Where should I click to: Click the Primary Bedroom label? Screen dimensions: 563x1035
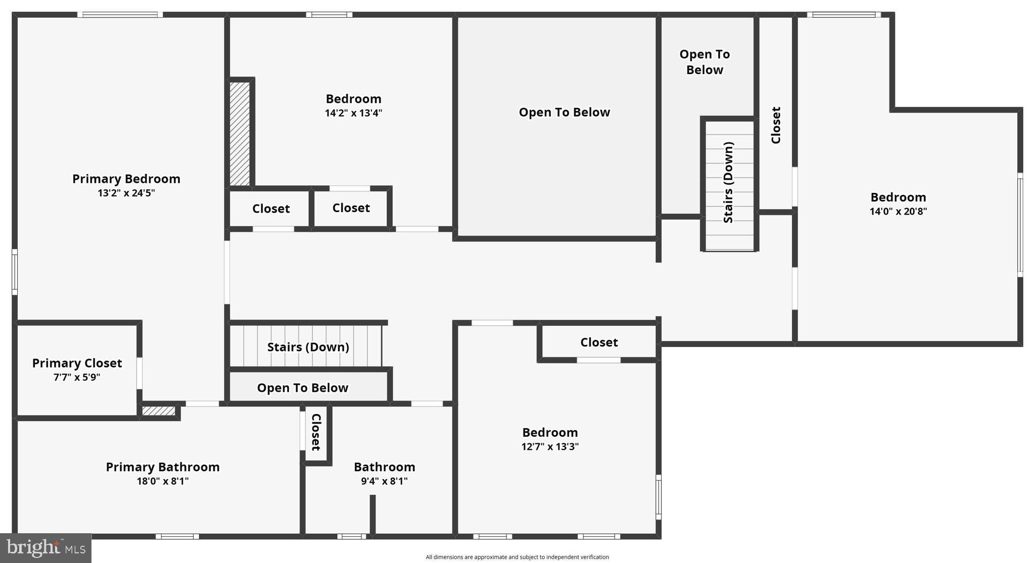pos(126,179)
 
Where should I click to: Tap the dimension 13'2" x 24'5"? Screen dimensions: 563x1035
pos(126,193)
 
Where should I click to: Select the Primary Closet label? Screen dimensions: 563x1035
pos(77,363)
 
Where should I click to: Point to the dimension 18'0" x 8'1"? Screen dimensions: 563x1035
pos(162,481)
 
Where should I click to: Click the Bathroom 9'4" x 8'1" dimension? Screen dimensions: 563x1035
pos(384,481)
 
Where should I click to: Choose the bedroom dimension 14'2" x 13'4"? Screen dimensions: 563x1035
pos(353,113)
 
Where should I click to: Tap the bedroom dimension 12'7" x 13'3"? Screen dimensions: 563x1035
pos(550,447)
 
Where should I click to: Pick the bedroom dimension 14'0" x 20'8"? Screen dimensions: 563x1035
pos(898,212)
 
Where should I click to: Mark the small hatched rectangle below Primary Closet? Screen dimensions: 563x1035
pos(158,411)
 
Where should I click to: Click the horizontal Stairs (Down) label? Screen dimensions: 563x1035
pos(308,347)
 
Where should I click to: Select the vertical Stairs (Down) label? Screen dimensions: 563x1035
pos(728,182)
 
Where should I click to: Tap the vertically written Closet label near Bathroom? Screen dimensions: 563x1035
pos(316,432)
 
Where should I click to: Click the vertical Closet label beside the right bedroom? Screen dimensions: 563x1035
pos(776,125)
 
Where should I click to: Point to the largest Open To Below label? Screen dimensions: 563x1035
pos(564,112)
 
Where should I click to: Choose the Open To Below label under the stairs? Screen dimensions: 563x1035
pos(302,388)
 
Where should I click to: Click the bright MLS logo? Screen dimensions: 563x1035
pos(45,548)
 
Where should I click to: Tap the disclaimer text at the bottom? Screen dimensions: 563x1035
pos(517,557)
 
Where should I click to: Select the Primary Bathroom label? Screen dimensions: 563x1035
pos(162,467)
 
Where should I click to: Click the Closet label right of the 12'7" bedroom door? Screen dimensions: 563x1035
pos(599,342)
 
